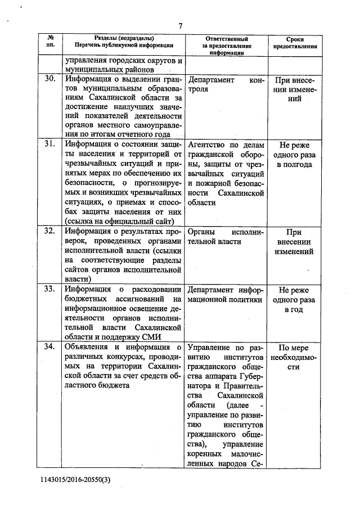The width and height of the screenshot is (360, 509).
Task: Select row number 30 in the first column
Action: pos(49,79)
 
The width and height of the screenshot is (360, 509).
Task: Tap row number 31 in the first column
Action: pos(49,144)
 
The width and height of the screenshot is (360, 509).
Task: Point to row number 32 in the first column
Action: pos(49,231)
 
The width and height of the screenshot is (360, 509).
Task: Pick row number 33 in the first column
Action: pos(49,289)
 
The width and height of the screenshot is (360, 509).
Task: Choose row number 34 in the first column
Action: pos(49,346)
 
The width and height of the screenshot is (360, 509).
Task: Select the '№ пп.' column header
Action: pos(49,40)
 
